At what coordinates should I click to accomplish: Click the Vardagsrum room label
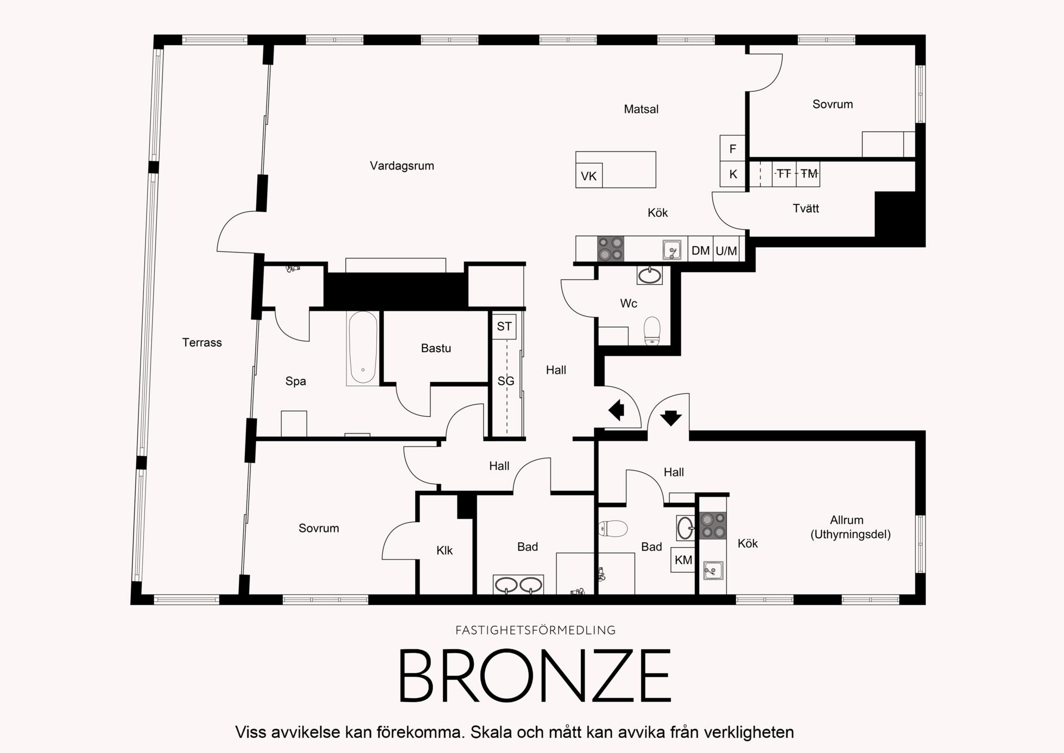(x=402, y=166)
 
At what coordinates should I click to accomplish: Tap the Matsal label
(x=641, y=109)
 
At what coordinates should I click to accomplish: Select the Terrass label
(x=202, y=342)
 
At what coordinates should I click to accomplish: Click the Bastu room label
(x=436, y=348)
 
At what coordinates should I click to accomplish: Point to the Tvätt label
(x=806, y=208)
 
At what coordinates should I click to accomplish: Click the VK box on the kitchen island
(x=589, y=176)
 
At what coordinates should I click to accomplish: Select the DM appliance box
(x=700, y=250)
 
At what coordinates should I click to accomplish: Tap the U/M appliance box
(x=726, y=250)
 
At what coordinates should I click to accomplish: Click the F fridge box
(x=733, y=148)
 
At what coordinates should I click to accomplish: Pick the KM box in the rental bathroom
(x=683, y=560)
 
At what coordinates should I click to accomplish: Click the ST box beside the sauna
(x=504, y=327)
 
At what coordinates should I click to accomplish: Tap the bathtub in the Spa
(x=363, y=348)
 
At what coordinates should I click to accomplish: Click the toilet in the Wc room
(x=652, y=331)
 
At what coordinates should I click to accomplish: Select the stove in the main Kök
(x=611, y=249)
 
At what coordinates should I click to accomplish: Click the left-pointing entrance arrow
(x=616, y=410)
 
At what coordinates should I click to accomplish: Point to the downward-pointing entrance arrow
(x=671, y=417)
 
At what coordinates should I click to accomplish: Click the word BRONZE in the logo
(x=535, y=676)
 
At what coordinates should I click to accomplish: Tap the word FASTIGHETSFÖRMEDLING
(x=535, y=630)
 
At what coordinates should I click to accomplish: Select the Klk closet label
(x=445, y=550)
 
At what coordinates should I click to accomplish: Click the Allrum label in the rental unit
(x=847, y=520)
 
